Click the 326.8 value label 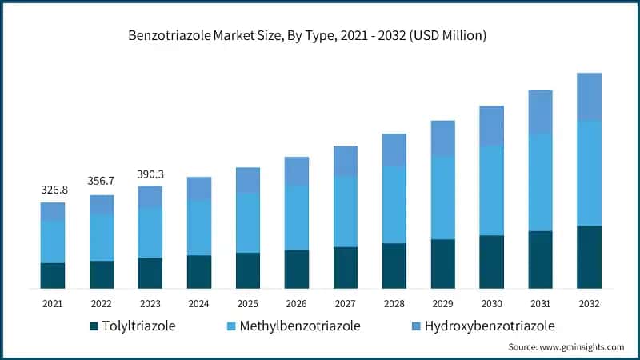53,190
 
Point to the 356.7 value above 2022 102,182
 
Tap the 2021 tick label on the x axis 53,304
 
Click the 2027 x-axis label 345,304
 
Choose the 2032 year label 589,304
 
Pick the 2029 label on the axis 442,304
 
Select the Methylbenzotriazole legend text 301,326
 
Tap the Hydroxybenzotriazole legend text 490,326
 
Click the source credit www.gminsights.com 566,347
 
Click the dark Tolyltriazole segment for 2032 589,257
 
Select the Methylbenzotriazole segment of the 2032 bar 589,173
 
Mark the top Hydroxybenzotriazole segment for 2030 491,126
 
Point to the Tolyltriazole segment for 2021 53,275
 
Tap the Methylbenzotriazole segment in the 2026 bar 297,218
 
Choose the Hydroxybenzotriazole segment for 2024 199,188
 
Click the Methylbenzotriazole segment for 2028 394,205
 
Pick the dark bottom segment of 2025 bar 248,270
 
